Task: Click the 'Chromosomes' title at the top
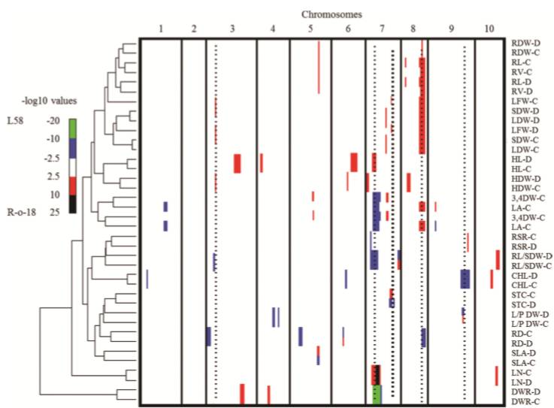pyautogui.click(x=331, y=14)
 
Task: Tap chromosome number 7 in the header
pyautogui.click(x=381, y=29)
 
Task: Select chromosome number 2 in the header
pyautogui.click(x=194, y=29)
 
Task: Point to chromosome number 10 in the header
pyautogui.click(x=489, y=29)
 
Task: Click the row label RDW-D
pyautogui.click(x=525, y=43)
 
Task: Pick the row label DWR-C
pyautogui.click(x=525, y=401)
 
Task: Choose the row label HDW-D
pyautogui.click(x=525, y=179)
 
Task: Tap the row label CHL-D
pyautogui.click(x=525, y=276)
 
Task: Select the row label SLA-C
pyautogui.click(x=523, y=363)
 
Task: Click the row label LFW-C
pyautogui.click(x=525, y=101)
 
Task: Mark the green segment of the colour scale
pyautogui.click(x=72, y=128)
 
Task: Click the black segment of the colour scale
pyautogui.click(x=72, y=204)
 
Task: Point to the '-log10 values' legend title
pyautogui.click(x=50, y=101)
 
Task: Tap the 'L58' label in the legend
pyautogui.click(x=15, y=121)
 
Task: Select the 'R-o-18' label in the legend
pyautogui.click(x=22, y=213)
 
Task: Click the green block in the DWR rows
pyautogui.click(x=377, y=394)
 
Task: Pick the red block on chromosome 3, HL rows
pyautogui.click(x=237, y=164)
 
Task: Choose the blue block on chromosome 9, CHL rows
pyautogui.click(x=465, y=279)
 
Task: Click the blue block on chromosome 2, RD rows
pyautogui.click(x=208, y=337)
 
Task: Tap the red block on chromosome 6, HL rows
pyautogui.click(x=354, y=162)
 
